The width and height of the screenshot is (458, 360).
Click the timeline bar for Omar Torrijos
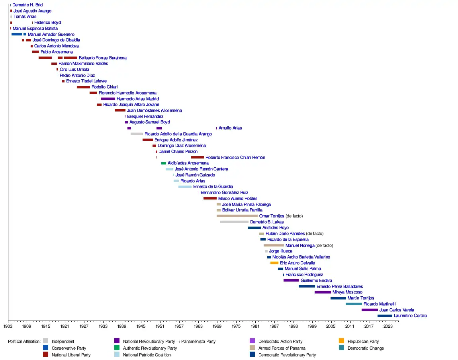(237, 216)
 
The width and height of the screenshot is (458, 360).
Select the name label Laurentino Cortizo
(410, 316)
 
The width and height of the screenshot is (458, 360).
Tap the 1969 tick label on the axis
(217, 326)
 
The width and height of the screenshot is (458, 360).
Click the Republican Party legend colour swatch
(341, 341)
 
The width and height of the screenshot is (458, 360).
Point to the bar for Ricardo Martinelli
(354, 304)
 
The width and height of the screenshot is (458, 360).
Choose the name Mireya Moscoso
(347, 292)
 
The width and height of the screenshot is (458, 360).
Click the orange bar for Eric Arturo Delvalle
(274, 263)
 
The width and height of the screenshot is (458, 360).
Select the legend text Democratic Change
(366, 348)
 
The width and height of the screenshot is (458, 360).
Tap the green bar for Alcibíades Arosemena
(164, 163)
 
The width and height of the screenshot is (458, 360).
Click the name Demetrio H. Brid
(27, 5)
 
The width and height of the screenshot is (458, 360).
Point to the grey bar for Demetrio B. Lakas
(234, 222)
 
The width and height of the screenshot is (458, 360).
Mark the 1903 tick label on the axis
(8, 326)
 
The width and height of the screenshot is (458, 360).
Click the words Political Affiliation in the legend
(24, 341)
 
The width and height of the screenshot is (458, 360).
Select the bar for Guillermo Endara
(291, 280)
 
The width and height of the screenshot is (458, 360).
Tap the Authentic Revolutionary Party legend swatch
(117, 348)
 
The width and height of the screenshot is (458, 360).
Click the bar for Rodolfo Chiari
(83, 87)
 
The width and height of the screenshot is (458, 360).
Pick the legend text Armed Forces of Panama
(282, 348)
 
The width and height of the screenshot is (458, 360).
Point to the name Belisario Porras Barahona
(103, 58)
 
